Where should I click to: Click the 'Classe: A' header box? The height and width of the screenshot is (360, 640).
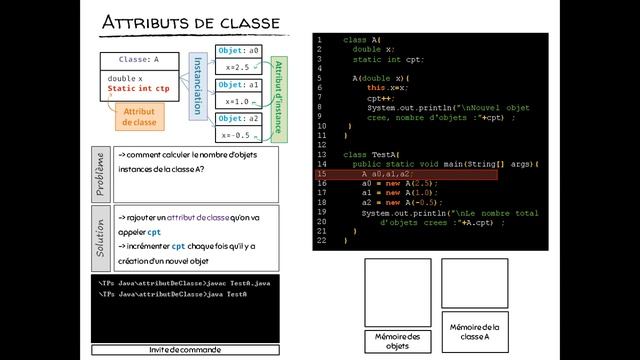139,59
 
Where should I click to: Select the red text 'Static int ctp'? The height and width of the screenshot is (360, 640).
140,89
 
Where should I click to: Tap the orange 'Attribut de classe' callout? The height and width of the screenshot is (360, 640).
140,116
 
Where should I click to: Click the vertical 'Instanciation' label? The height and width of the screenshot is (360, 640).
198,84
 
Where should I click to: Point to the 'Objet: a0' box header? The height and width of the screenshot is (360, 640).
238,50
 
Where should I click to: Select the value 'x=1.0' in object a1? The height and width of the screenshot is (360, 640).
238,101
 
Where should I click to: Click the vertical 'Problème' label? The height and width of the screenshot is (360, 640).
100,173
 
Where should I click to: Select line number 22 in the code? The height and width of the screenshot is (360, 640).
320,240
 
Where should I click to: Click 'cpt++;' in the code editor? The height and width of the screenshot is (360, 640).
379,98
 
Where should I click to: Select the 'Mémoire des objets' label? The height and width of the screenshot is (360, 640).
397,340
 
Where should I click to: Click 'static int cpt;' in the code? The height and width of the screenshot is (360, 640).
395,60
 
